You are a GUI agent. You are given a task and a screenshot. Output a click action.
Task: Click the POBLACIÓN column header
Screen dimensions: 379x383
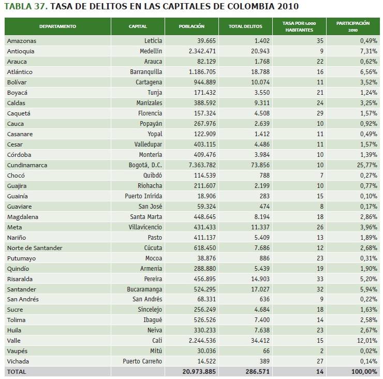click(x=192, y=26)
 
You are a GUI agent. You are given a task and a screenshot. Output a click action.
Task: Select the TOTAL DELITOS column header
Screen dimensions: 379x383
click(x=245, y=26)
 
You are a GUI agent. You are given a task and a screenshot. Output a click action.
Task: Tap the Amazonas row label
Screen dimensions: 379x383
click(x=22, y=40)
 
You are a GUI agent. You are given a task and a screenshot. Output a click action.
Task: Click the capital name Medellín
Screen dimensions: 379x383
click(x=151, y=51)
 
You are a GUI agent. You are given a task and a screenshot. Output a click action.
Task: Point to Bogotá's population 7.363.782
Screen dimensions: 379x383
click(x=198, y=165)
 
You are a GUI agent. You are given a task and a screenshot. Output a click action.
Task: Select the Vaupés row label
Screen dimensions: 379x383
click(x=18, y=351)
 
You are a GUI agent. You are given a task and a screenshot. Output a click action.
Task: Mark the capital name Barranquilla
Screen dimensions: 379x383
click(x=146, y=71)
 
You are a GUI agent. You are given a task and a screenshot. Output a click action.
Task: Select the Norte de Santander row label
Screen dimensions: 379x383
click(x=35, y=247)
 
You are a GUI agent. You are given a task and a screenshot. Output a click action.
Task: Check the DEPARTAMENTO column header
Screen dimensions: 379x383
click(x=57, y=26)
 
